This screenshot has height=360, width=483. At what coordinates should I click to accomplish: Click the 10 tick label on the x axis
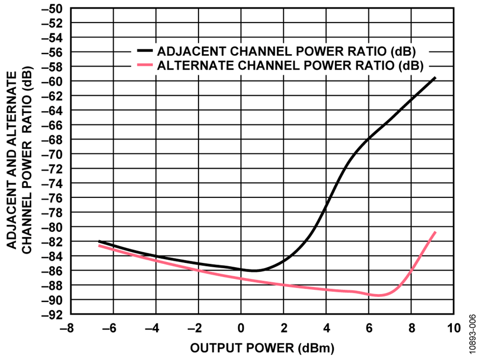pos(455,328)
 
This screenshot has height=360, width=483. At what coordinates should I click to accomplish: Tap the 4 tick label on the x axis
pos(326,328)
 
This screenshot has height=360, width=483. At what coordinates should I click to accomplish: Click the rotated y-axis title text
pos(19,161)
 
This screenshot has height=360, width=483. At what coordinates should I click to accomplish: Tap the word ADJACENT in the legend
pos(187,52)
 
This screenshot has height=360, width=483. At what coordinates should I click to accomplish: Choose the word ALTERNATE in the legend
pos(189,66)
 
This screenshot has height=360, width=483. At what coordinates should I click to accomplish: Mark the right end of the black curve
pos(435,78)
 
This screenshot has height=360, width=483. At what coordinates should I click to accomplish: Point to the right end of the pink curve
pos(435,232)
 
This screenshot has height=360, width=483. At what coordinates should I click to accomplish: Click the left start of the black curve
pos(99,241)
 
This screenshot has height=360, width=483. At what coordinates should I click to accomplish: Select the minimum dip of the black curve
pos(254,270)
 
